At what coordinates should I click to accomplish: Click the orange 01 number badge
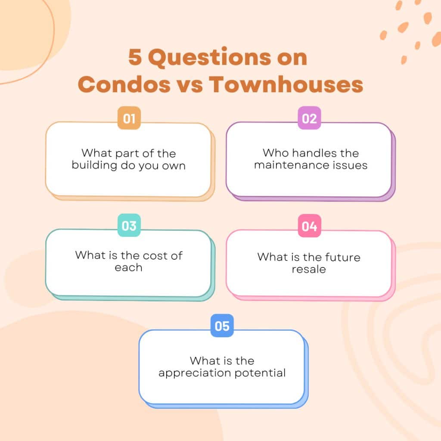[x=129, y=118]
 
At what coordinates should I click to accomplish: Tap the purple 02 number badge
[x=309, y=118]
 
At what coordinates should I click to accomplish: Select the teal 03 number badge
[x=129, y=226]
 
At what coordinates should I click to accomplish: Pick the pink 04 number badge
[x=309, y=226]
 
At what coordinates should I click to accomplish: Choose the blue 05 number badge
[x=222, y=326]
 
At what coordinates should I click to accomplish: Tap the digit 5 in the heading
[x=135, y=58]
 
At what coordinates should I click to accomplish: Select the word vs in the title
[x=189, y=85]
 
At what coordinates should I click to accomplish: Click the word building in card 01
[x=92, y=165]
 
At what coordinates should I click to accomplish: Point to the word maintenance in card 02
[x=289, y=165]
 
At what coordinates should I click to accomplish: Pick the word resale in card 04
[x=309, y=269]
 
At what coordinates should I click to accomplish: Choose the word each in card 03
[x=128, y=267]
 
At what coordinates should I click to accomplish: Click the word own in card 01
[x=174, y=166]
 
